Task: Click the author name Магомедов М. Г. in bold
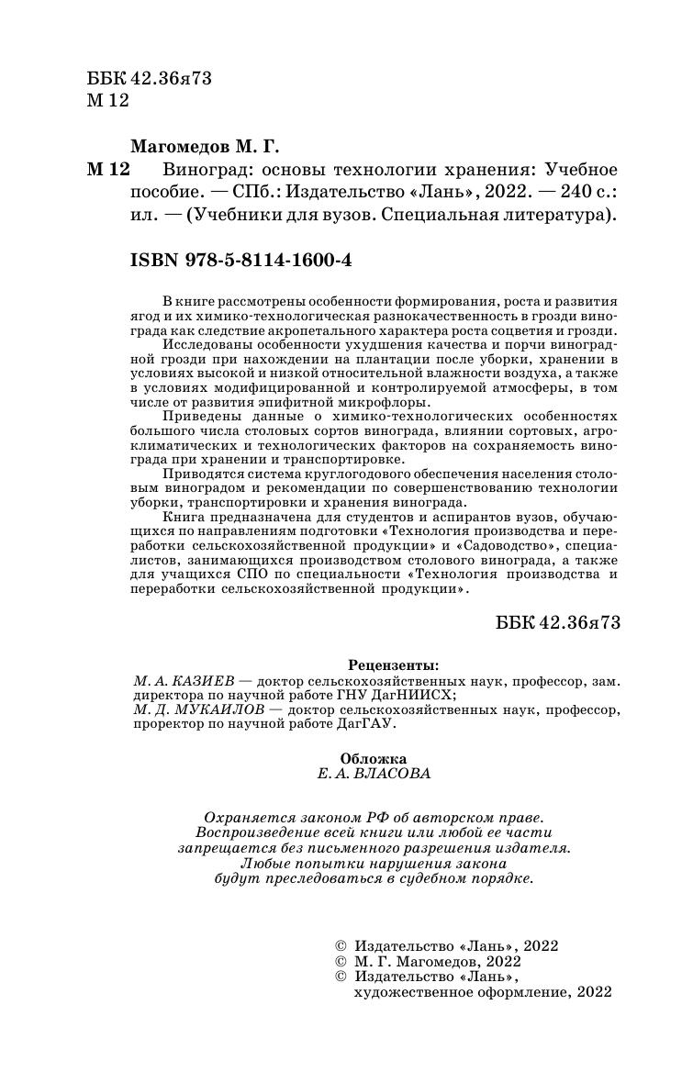coord(204,147)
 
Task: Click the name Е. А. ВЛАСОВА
coord(372,774)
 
